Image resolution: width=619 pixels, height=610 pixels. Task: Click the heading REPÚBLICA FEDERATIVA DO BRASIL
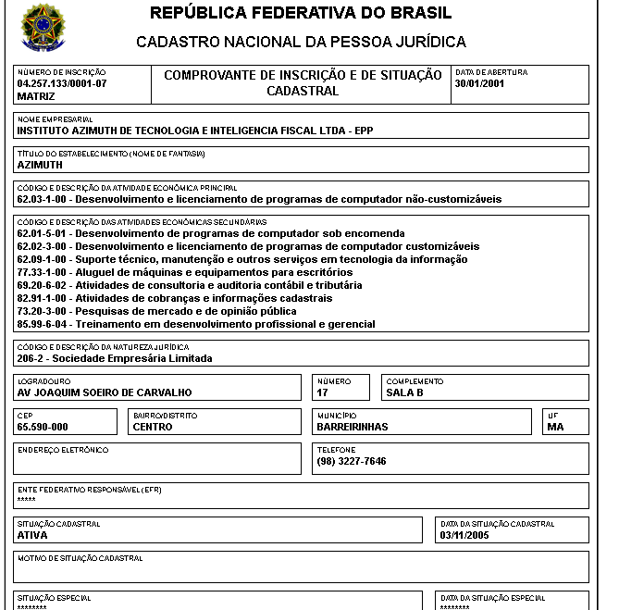pyautogui.click(x=301, y=13)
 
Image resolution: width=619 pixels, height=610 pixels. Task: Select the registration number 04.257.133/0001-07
pyautogui.click(x=62, y=83)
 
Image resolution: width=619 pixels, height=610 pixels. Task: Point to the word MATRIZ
pyautogui.click(x=36, y=95)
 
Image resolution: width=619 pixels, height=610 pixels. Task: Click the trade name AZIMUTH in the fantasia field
pyautogui.click(x=40, y=164)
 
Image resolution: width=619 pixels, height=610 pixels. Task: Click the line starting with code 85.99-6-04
pyautogui.click(x=196, y=324)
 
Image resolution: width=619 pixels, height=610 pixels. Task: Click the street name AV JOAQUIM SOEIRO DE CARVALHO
pyautogui.click(x=105, y=392)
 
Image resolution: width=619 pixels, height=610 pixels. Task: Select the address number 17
pyautogui.click(x=323, y=392)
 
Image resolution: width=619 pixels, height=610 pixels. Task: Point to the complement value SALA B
pyautogui.click(x=404, y=392)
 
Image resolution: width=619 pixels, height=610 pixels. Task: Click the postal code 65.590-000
pyautogui.click(x=43, y=427)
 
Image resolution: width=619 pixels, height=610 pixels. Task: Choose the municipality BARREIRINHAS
pyautogui.click(x=353, y=427)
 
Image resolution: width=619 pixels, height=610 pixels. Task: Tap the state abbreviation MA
pyautogui.click(x=555, y=427)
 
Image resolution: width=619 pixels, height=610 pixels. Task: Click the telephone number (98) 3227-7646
pyautogui.click(x=352, y=461)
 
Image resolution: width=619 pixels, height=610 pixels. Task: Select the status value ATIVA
pyautogui.click(x=32, y=534)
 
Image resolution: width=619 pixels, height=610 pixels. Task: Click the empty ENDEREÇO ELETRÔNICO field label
pyautogui.click(x=63, y=450)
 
